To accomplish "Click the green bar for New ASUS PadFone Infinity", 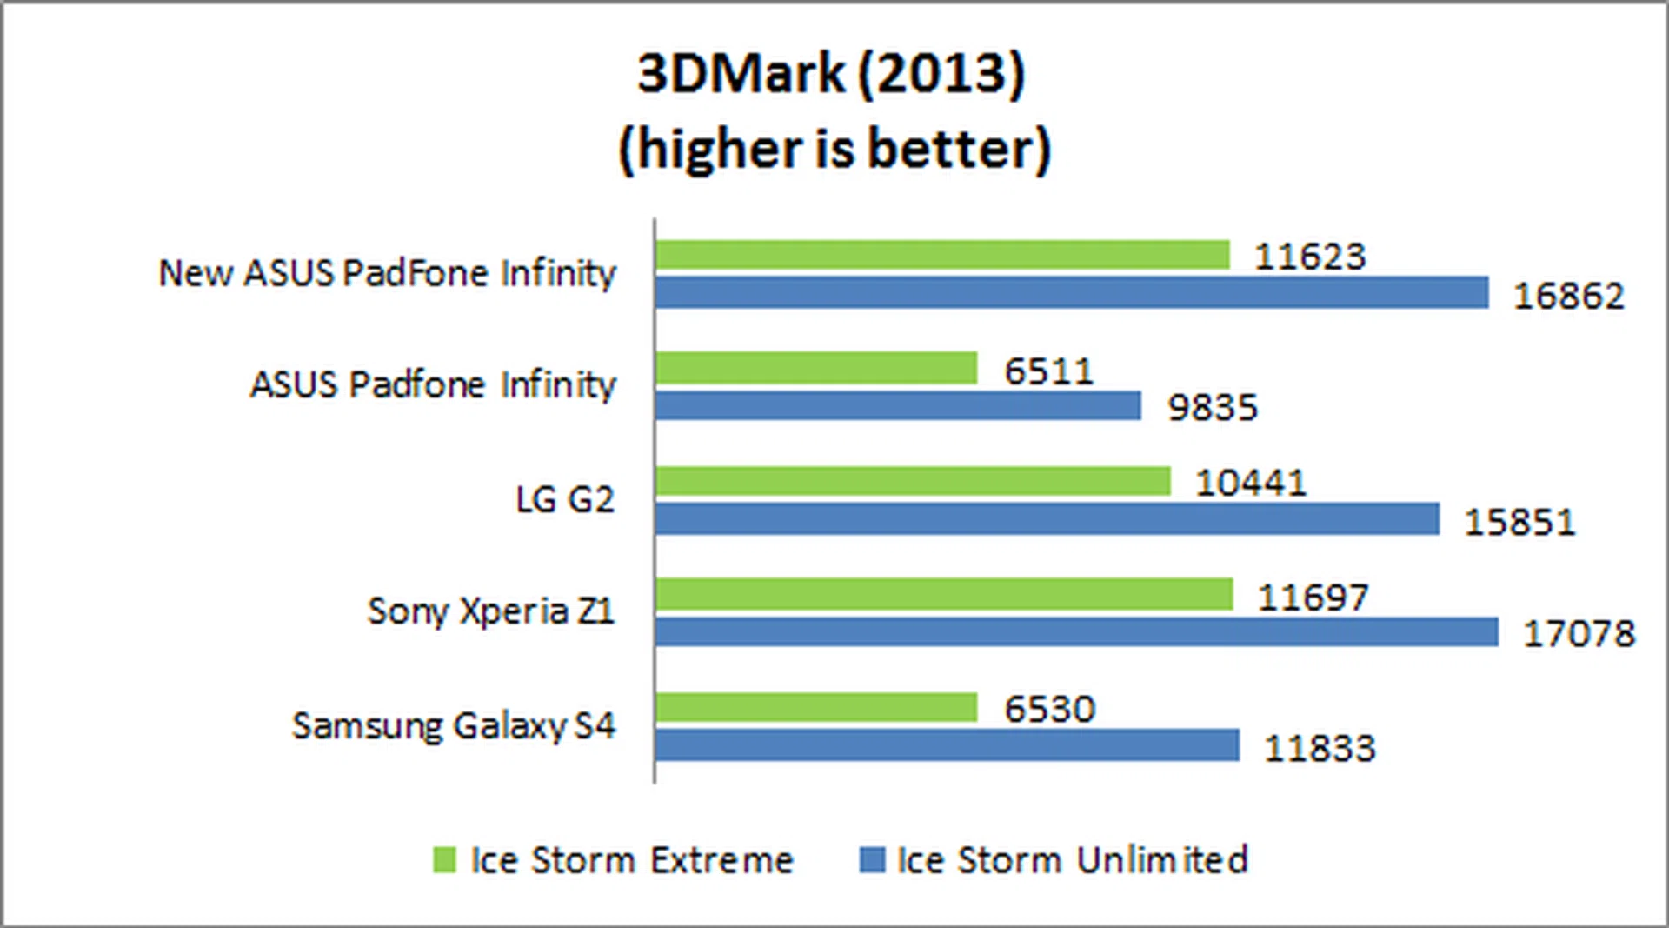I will [x=942, y=255].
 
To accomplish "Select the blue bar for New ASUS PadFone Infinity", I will [x=1071, y=293].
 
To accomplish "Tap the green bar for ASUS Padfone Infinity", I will [x=815, y=368].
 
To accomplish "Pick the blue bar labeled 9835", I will [x=897, y=405].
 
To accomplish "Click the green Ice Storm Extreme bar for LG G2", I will [x=913, y=481].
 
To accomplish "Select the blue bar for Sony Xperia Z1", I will [x=1076, y=632].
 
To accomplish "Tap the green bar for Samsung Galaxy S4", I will [x=815, y=707].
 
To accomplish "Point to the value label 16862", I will [x=1568, y=297].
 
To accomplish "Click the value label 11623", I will [x=1310, y=257].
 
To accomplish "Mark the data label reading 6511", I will [x=1048, y=371].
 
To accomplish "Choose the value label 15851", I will [x=1519, y=523].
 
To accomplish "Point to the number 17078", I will [x=1579, y=634].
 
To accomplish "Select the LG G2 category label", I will [x=565, y=500].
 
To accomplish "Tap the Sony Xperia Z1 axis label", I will [x=491, y=611].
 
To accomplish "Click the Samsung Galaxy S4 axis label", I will [x=454, y=726].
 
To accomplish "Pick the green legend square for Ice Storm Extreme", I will [x=444, y=860].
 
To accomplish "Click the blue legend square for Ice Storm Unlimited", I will [x=872, y=860].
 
